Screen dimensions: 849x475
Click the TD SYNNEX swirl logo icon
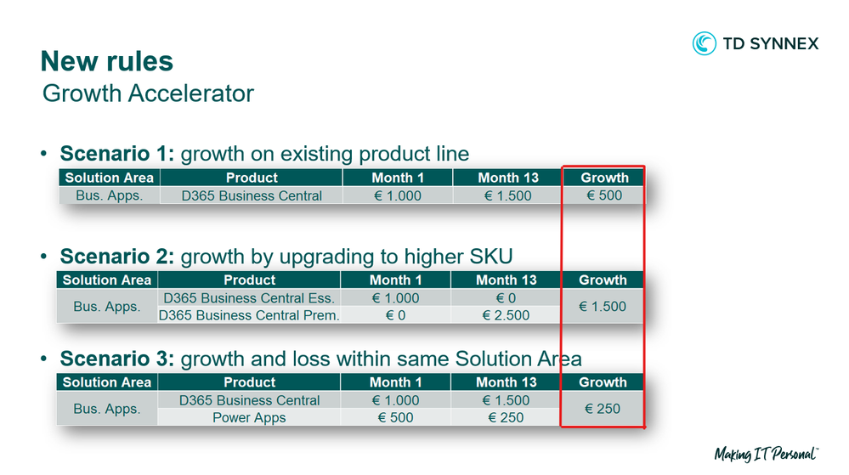tap(704, 43)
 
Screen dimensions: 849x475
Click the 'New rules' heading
tap(107, 60)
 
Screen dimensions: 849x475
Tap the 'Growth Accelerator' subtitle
tap(148, 93)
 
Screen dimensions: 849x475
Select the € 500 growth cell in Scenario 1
tap(604, 195)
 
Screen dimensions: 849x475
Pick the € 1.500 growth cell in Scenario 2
tap(602, 307)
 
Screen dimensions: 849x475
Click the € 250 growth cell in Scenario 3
tap(602, 409)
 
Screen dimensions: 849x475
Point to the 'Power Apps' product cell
tap(249, 417)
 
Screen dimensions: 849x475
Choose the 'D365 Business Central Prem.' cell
tap(249, 315)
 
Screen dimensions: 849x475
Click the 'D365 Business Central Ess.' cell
tap(249, 298)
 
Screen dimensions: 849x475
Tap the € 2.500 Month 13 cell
tap(506, 315)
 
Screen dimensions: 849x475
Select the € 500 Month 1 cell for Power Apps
tap(395, 417)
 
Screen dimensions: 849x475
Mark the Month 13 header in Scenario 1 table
tap(508, 178)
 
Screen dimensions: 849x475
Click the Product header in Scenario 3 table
tap(249, 382)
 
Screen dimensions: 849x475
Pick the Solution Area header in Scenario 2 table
tap(107, 280)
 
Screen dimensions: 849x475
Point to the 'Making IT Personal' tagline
tap(767, 454)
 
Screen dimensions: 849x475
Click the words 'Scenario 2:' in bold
tap(117, 256)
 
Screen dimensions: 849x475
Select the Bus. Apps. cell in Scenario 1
tap(110, 195)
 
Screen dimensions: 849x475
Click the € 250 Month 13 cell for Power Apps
tap(506, 417)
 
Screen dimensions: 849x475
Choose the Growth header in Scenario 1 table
tap(604, 178)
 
